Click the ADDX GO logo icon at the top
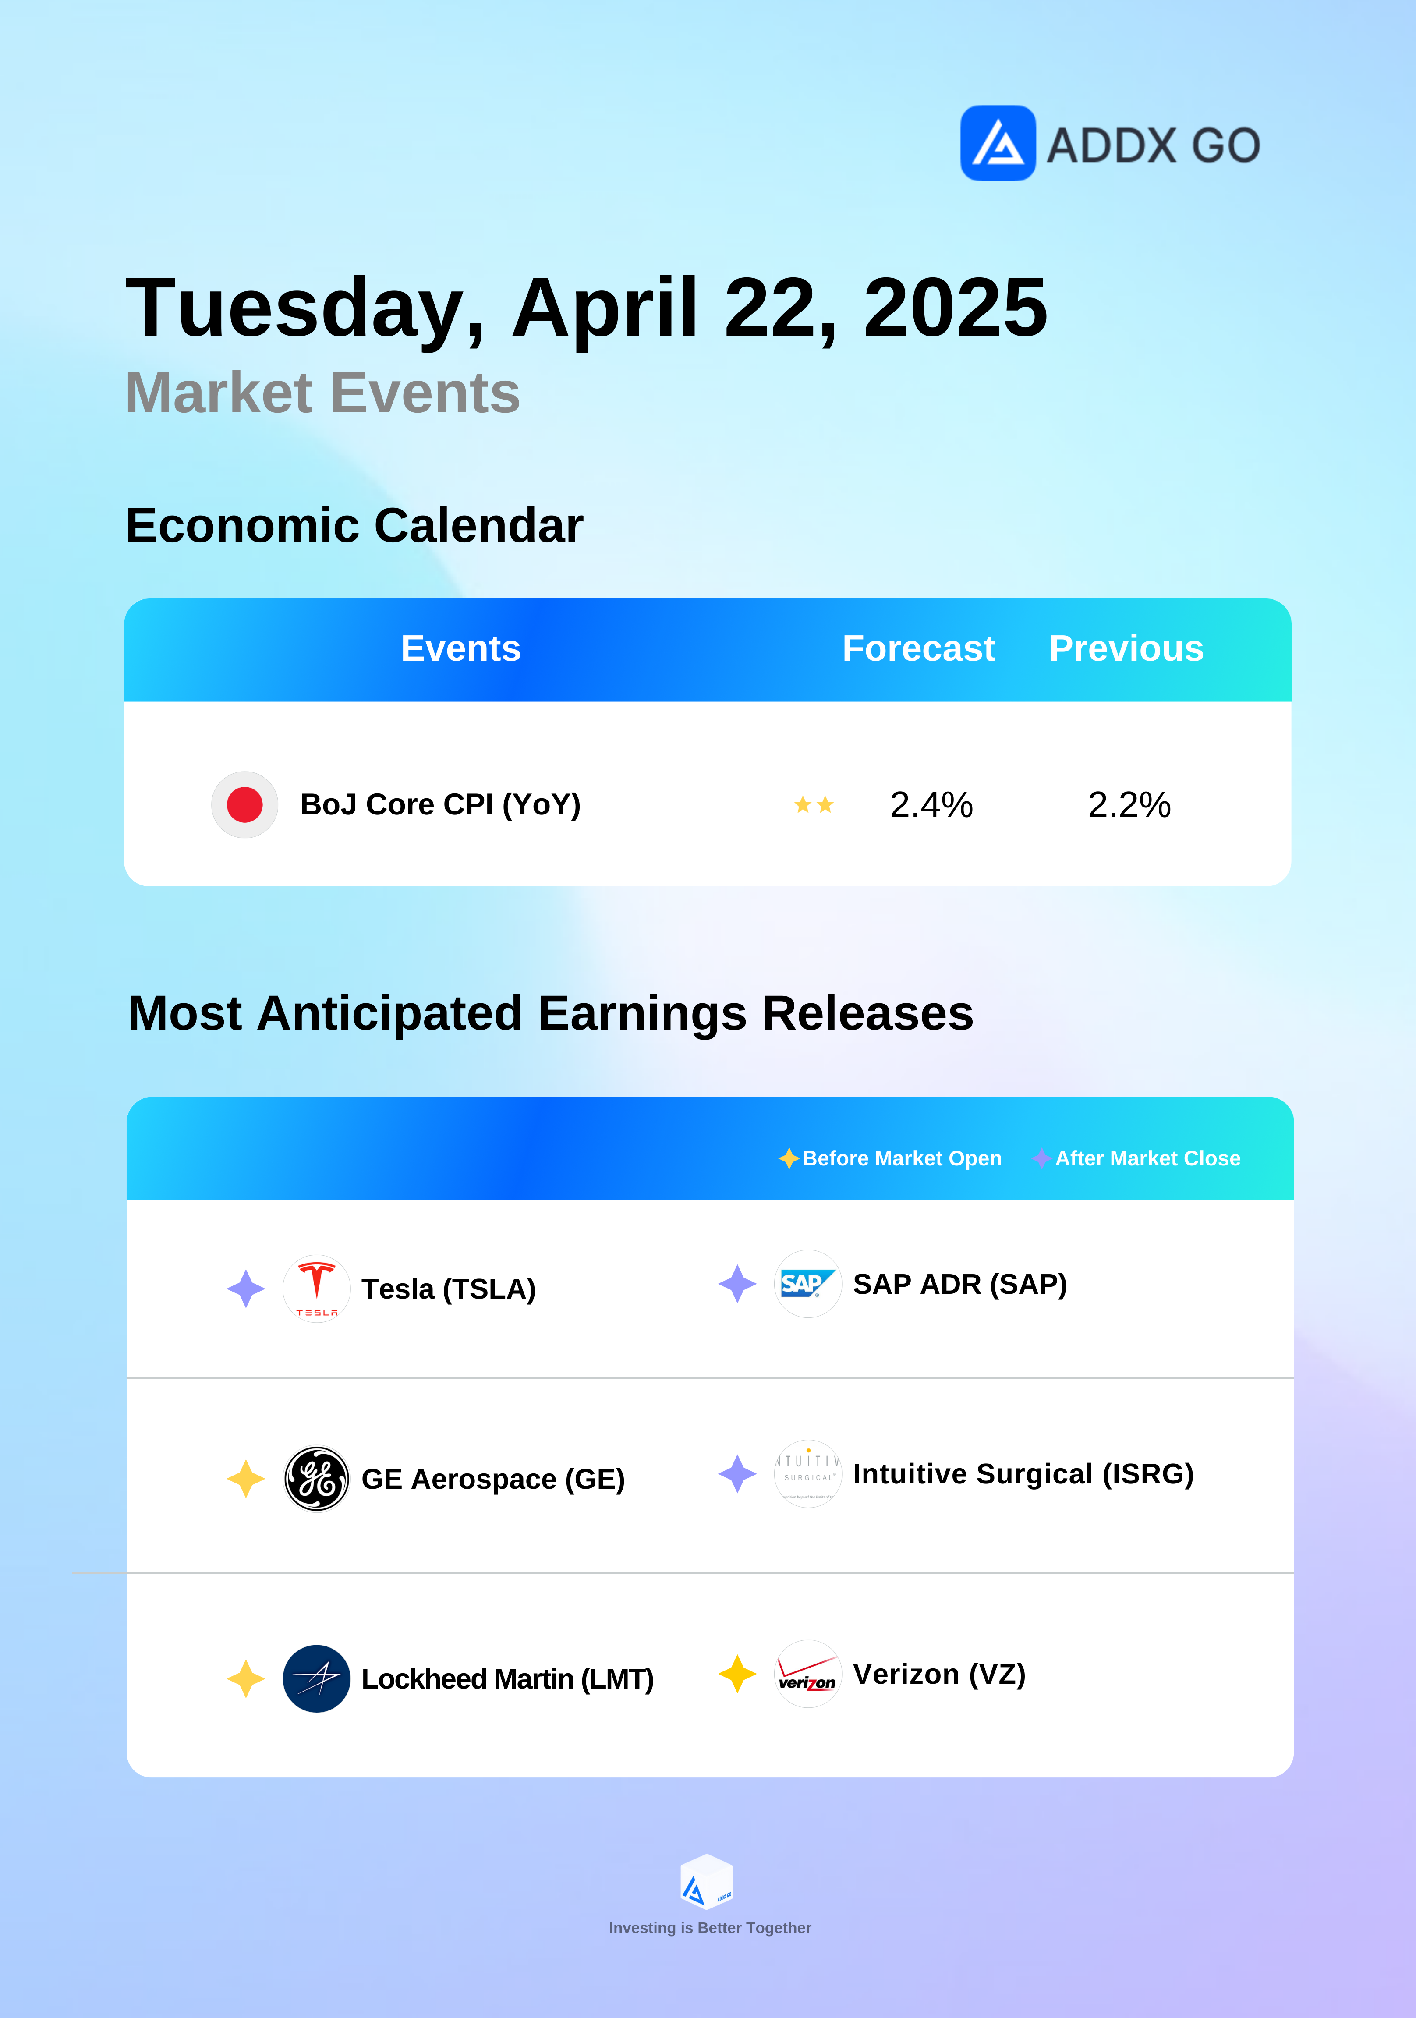click(998, 143)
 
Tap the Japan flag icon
click(244, 804)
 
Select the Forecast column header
click(918, 648)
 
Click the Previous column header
click(1126, 648)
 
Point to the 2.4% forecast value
click(931, 804)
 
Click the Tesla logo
click(316, 1289)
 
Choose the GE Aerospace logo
click(316, 1478)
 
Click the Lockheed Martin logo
click(316, 1679)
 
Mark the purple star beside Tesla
click(246, 1289)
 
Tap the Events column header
click(460, 648)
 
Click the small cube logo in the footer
click(707, 1882)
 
